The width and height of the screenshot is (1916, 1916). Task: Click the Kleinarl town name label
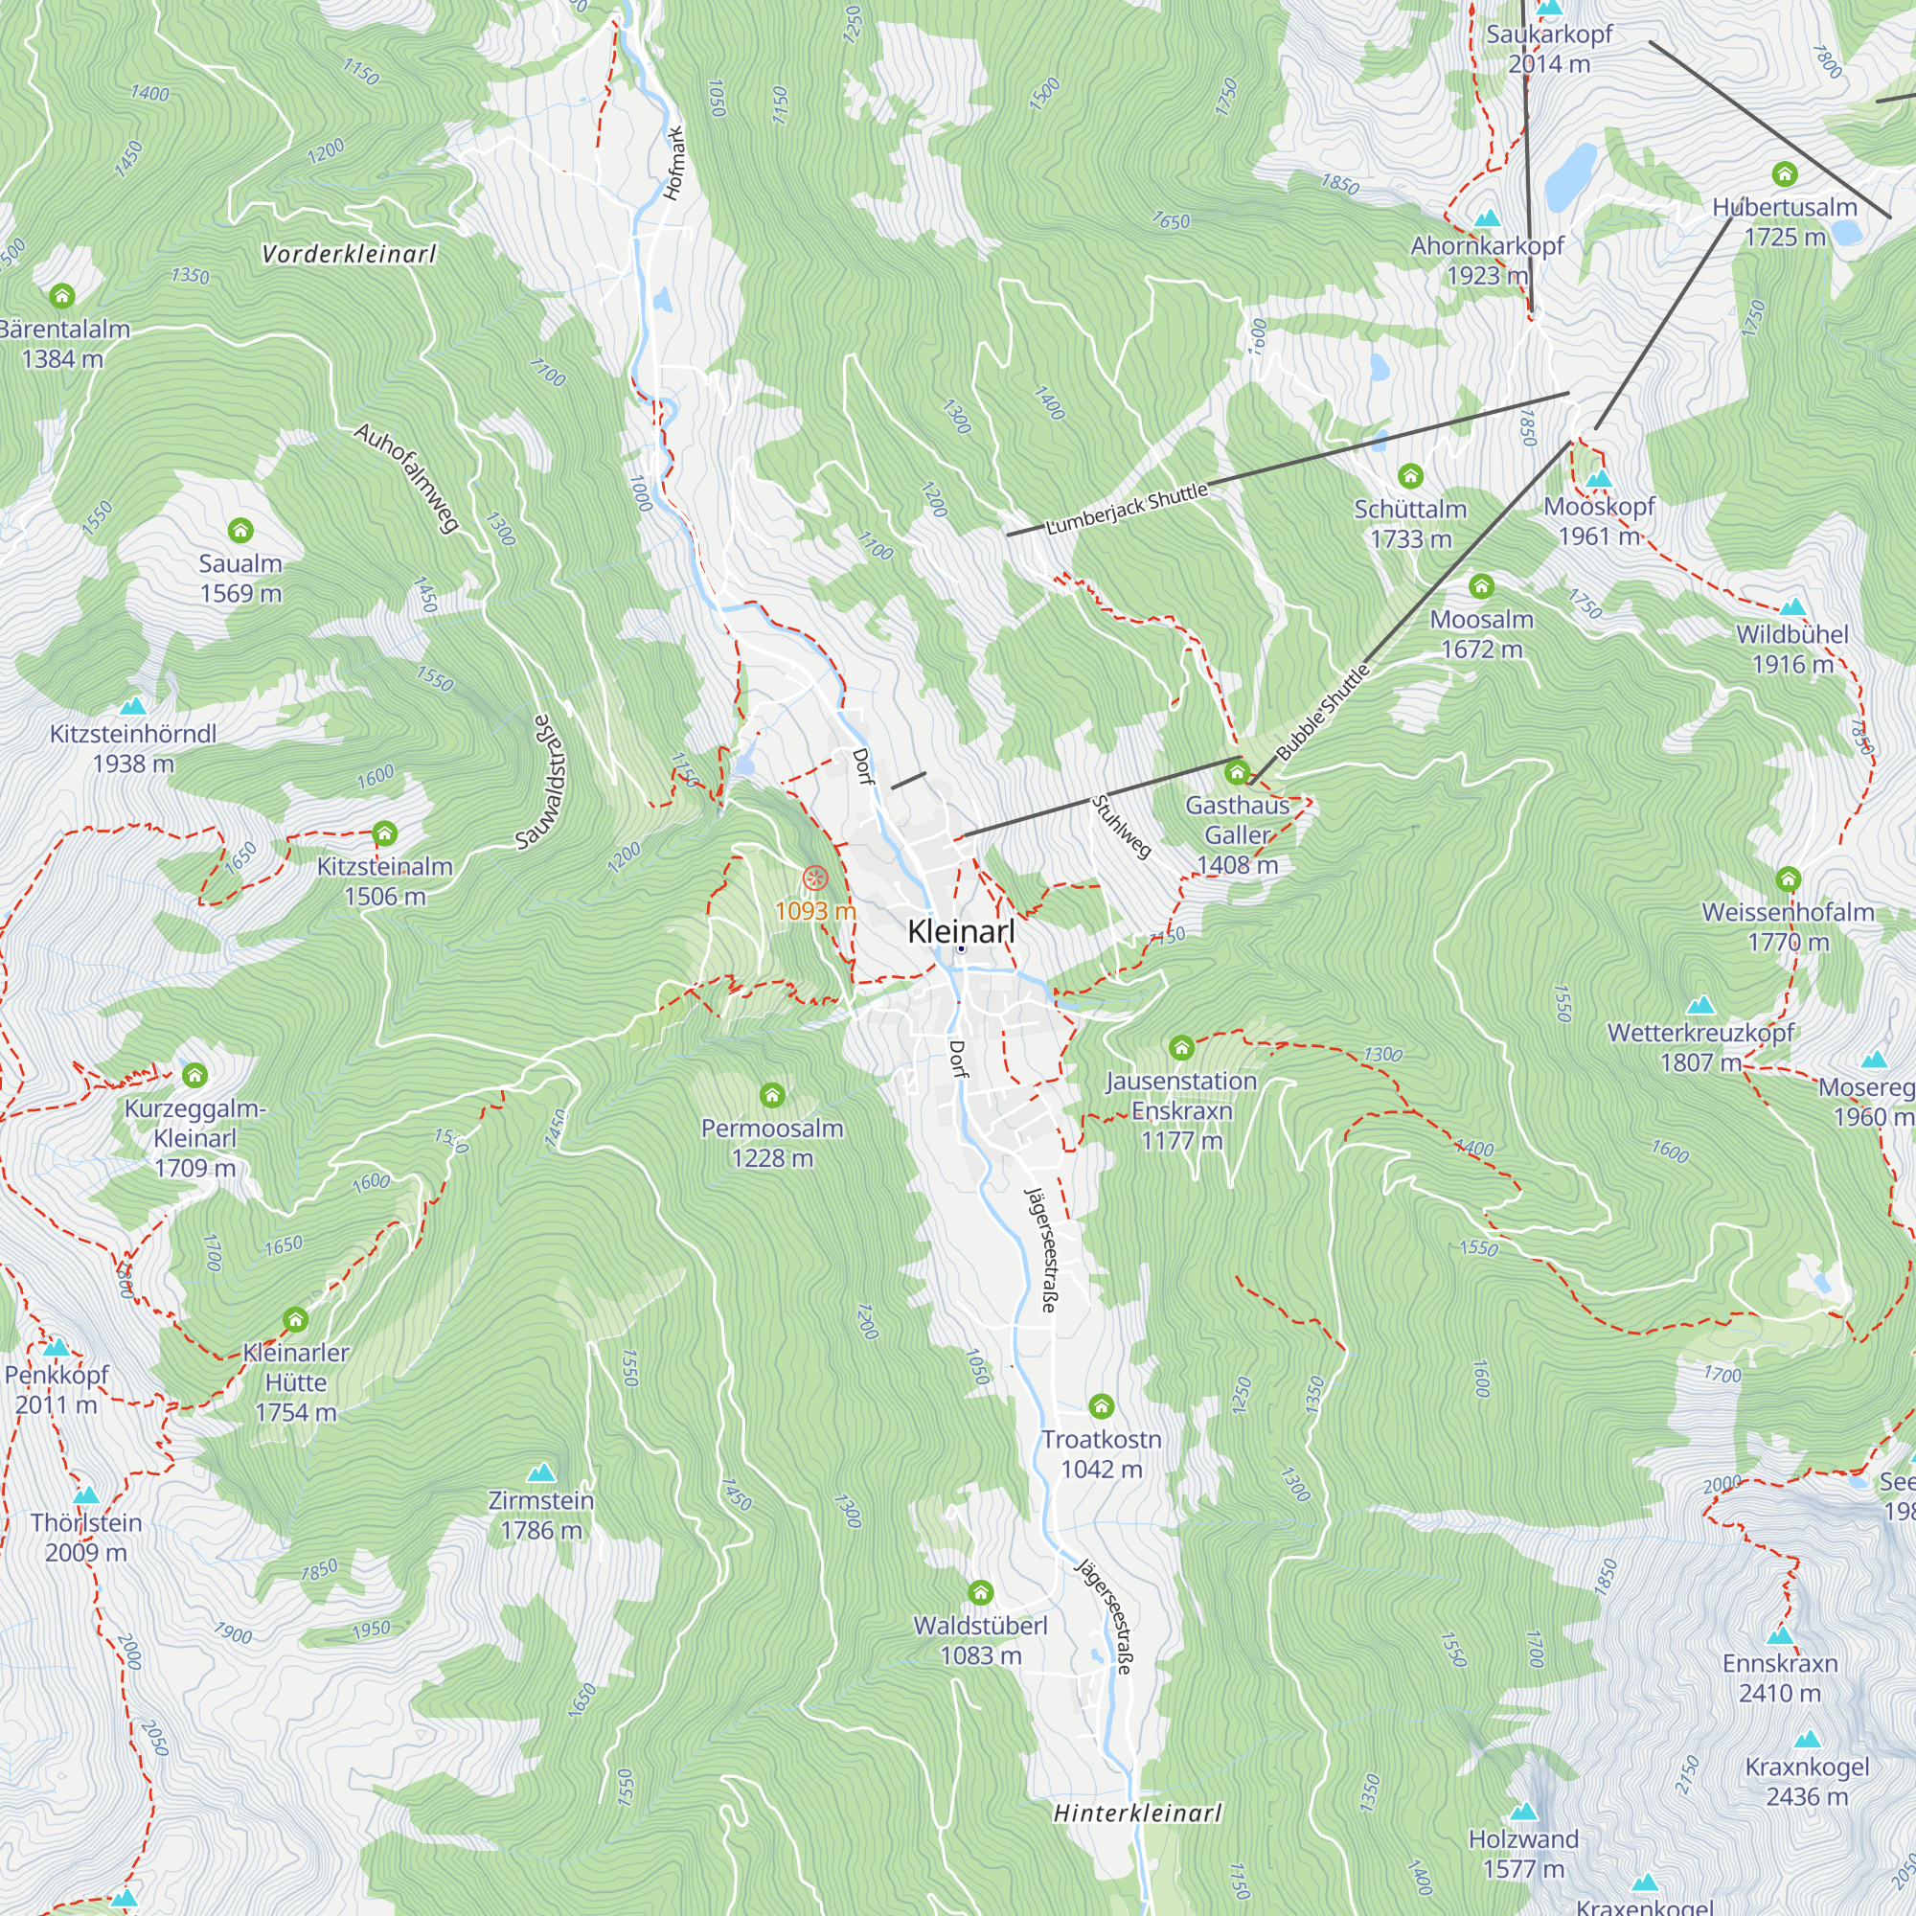[x=961, y=931]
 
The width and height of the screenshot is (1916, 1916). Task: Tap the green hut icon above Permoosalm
[x=771, y=1095]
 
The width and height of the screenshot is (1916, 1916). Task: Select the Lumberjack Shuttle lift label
[x=1127, y=509]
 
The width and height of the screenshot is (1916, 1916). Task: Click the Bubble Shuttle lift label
[x=1322, y=712]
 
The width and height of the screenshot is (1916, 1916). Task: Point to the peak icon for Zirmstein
[x=540, y=1471]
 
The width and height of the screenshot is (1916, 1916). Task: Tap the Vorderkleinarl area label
[x=349, y=254]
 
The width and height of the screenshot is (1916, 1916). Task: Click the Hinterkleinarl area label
[x=1137, y=1812]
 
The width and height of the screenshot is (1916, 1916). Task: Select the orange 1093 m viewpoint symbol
[x=814, y=878]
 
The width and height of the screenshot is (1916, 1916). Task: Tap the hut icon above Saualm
[x=240, y=531]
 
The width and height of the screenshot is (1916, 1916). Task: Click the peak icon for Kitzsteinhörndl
[x=133, y=706]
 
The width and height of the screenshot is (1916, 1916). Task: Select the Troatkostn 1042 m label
[x=1101, y=1453]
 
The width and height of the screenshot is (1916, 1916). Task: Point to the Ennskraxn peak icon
[x=1780, y=1634]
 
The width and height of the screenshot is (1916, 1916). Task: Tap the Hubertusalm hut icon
[x=1784, y=174]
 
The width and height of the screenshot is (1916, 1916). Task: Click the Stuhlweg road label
[x=1122, y=826]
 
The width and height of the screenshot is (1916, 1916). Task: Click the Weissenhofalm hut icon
[x=1787, y=878]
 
